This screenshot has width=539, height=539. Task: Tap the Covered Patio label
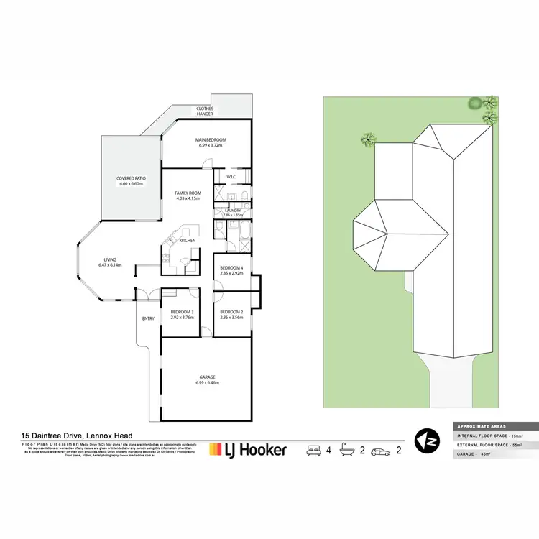pos(131,181)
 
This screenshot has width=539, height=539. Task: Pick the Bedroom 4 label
pos(231,271)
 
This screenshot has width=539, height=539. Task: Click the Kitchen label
pos(188,241)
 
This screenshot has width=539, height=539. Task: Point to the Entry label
pos(148,318)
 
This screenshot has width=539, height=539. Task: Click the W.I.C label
pos(231,177)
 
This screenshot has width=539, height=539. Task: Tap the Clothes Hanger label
pos(206,111)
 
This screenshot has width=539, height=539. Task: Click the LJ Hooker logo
pos(247,451)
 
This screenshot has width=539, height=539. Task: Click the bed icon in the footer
pos(313,450)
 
